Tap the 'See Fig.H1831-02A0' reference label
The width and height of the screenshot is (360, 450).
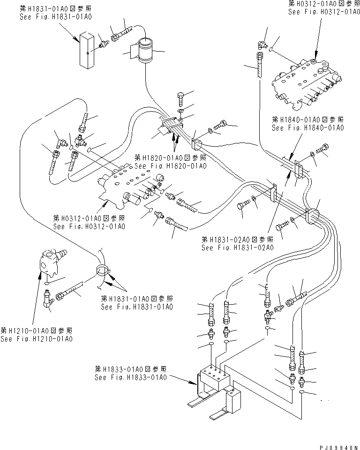(237, 248)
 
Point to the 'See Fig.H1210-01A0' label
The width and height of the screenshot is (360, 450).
(36, 339)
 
